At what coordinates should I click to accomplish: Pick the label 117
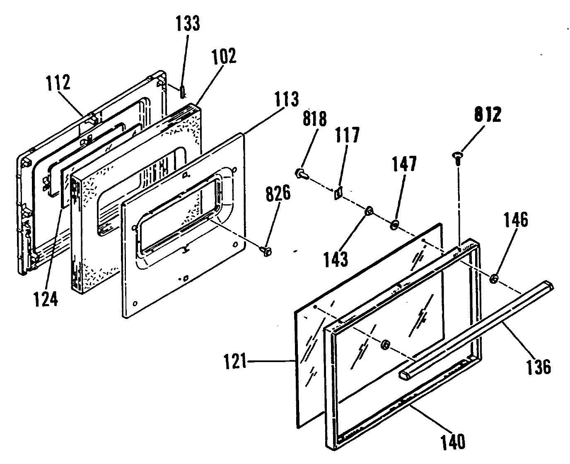(348, 135)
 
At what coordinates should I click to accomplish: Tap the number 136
(538, 367)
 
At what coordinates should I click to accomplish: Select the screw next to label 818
(301, 174)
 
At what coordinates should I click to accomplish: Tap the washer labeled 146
(493, 279)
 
